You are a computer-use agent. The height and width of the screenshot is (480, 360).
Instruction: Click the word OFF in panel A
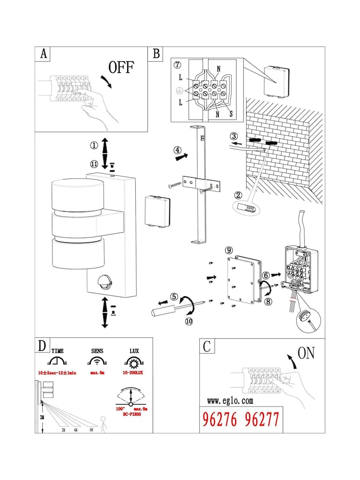tap(121, 67)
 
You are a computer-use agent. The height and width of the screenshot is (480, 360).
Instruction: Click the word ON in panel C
tap(306, 354)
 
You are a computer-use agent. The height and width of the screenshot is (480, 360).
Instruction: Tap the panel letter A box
tap(43, 54)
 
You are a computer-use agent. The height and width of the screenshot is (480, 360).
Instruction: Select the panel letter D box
tap(43, 346)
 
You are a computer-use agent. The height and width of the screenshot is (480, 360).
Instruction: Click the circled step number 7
tap(177, 65)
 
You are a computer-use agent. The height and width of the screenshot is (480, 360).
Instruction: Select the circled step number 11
tap(94, 164)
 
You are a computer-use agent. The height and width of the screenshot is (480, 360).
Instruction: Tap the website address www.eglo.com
tap(230, 401)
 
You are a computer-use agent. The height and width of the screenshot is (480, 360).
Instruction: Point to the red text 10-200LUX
tap(132, 373)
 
